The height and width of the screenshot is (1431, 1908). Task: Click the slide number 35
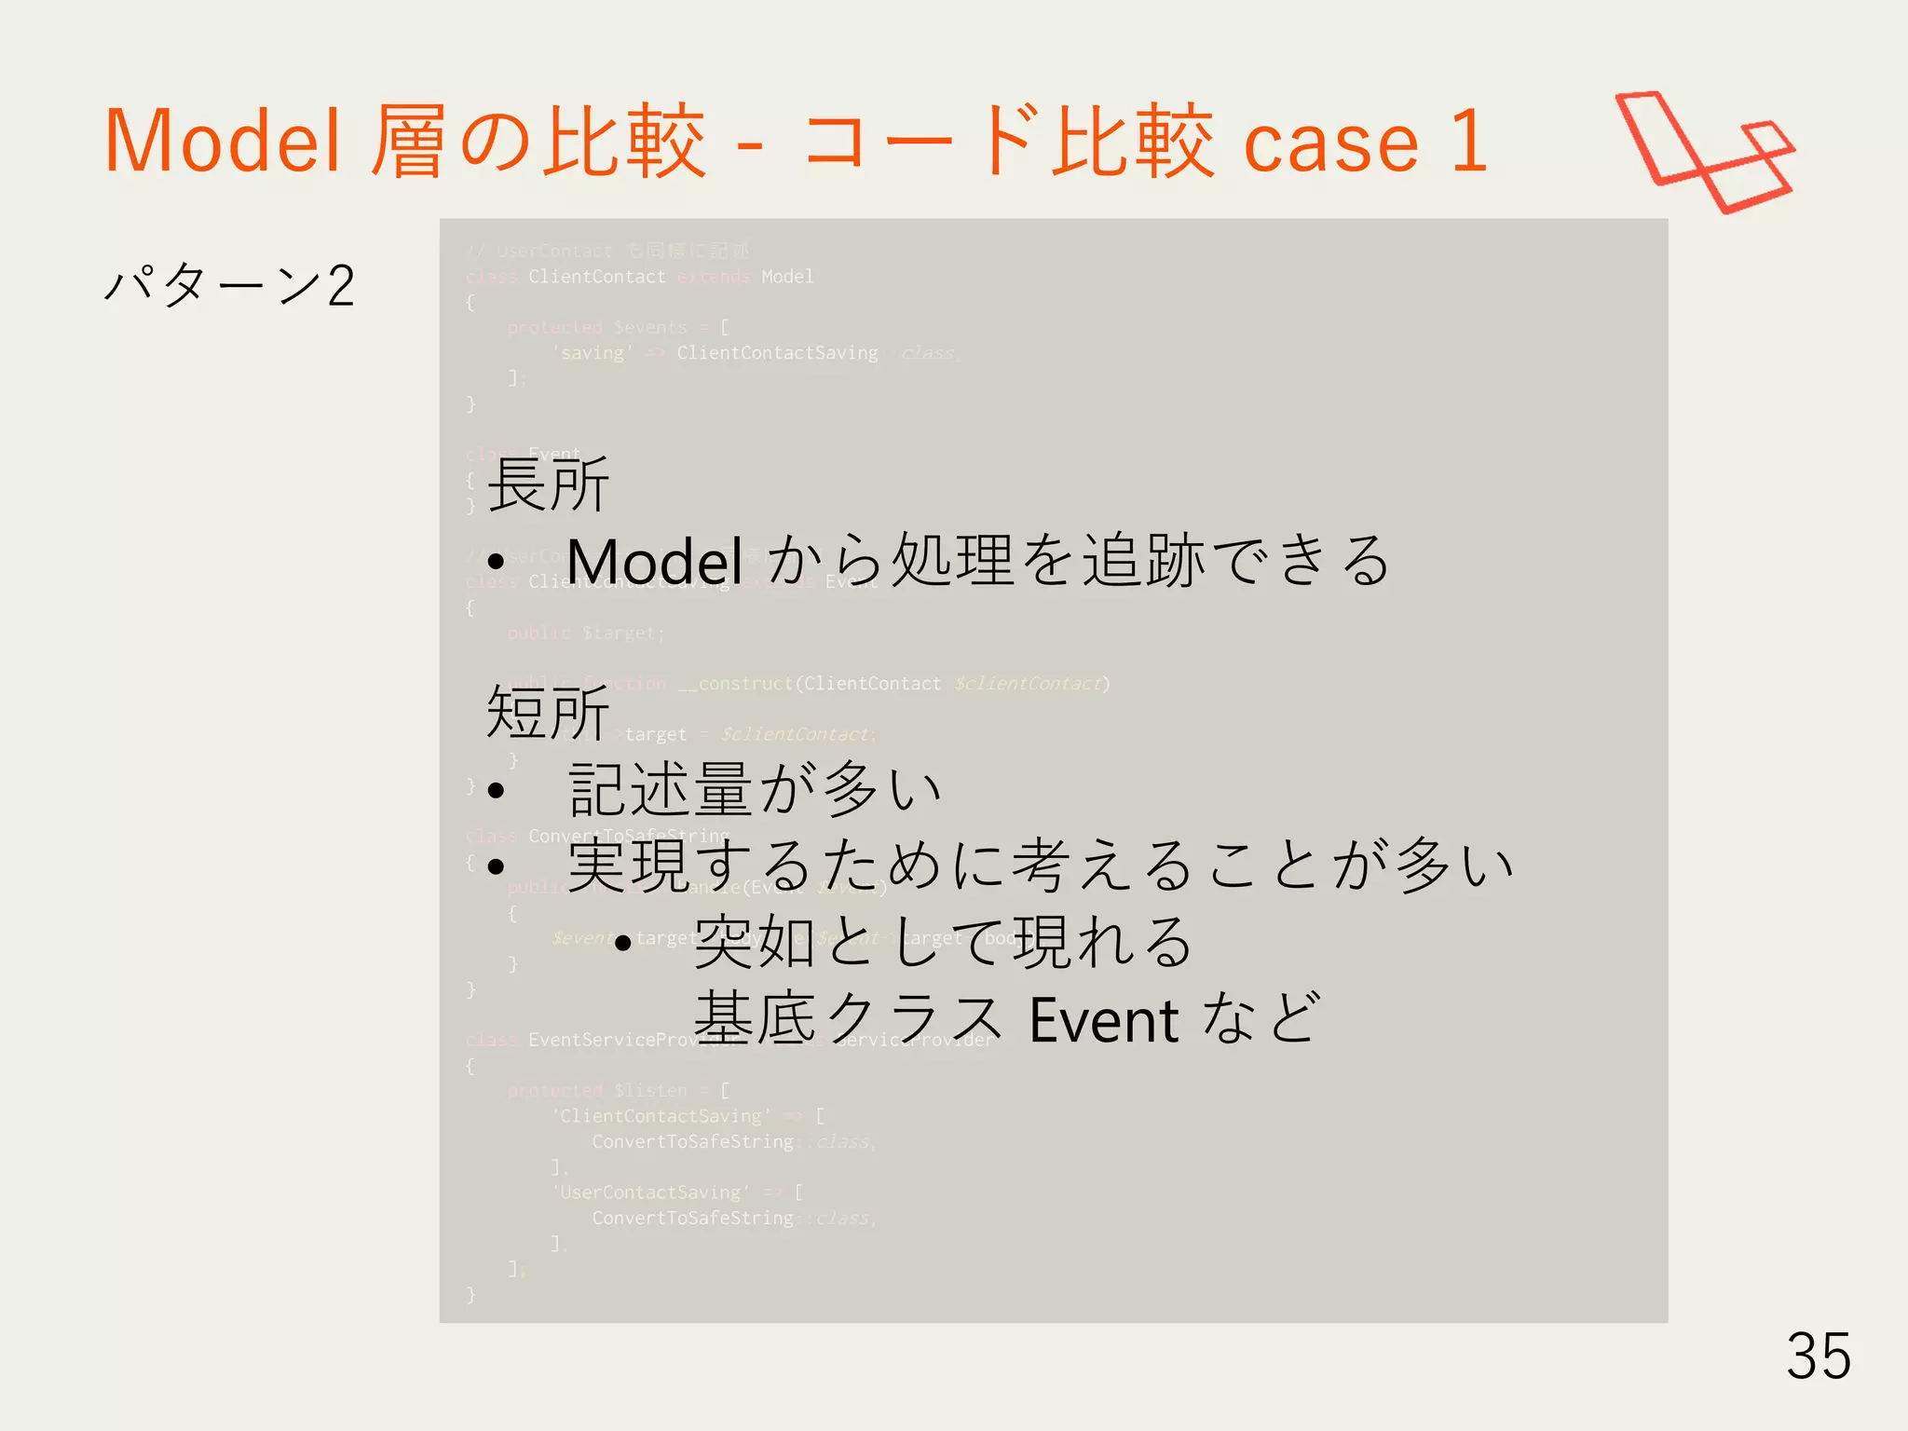1818,1356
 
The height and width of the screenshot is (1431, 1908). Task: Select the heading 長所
548,484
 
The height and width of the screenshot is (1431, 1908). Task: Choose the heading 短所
548,714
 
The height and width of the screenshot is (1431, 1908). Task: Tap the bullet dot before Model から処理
496,562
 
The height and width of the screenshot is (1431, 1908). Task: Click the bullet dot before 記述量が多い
496,791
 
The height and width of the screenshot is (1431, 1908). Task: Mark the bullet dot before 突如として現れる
623,944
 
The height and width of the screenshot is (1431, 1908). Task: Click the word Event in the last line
1104,1020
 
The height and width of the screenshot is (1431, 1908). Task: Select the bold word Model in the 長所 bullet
654,562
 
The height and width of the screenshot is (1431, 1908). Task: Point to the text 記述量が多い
755,789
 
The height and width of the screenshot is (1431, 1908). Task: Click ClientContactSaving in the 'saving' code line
777,353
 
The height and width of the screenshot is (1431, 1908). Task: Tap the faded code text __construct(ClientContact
809,684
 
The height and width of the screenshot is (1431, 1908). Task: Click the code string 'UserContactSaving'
650,1192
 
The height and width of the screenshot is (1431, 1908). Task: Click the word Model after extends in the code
787,277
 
